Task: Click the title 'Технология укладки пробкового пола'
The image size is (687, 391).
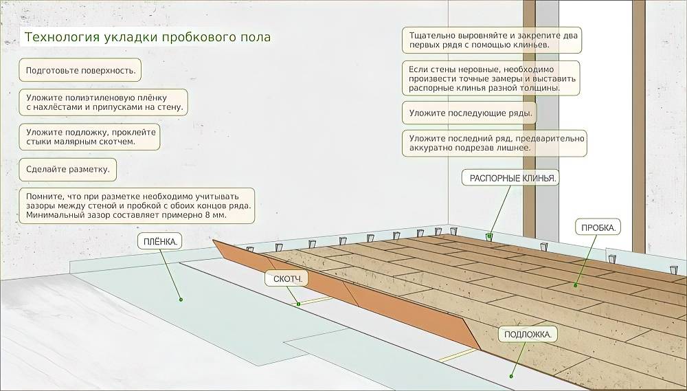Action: (x=147, y=37)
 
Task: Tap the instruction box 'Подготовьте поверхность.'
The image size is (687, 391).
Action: (x=80, y=70)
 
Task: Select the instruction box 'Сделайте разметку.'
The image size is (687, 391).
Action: (x=67, y=169)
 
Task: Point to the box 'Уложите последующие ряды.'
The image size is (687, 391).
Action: (x=471, y=113)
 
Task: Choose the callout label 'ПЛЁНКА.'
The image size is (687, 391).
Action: (x=159, y=241)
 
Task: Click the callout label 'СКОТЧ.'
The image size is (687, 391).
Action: (x=286, y=280)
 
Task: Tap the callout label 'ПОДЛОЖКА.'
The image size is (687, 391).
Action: (x=527, y=334)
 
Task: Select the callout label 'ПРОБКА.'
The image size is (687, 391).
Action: (x=597, y=227)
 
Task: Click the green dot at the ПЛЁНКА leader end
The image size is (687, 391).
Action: (x=181, y=300)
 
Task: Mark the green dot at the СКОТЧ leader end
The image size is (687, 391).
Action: (x=298, y=304)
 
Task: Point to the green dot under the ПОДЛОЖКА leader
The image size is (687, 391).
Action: (x=512, y=376)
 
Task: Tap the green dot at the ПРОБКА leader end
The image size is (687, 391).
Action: (x=576, y=284)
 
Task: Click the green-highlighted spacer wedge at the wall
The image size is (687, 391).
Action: (x=489, y=236)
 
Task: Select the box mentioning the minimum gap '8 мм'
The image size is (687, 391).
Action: (x=137, y=205)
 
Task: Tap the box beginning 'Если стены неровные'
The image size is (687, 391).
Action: (x=491, y=79)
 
